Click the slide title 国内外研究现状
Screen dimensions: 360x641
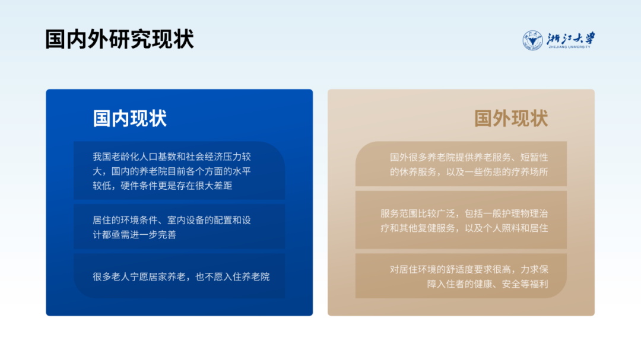(x=119, y=40)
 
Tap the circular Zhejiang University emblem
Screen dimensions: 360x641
(x=532, y=40)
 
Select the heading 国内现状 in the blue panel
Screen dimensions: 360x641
(x=130, y=118)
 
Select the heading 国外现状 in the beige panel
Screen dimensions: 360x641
(x=510, y=118)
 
